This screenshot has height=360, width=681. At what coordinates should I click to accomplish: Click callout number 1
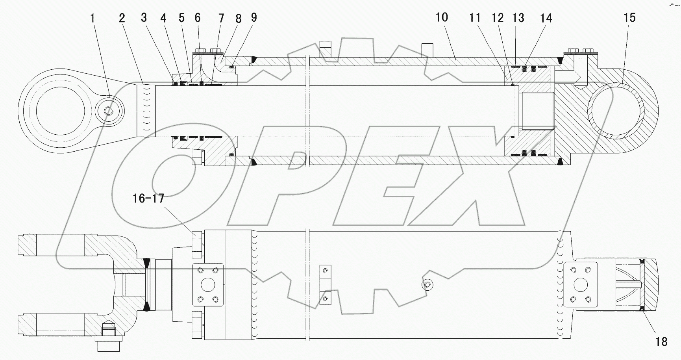[x=93, y=19]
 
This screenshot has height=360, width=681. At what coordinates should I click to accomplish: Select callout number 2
[x=122, y=18]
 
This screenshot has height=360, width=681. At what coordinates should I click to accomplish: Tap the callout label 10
[x=442, y=17]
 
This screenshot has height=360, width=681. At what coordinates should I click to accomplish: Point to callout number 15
[x=629, y=18]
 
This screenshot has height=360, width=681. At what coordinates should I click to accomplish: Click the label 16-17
[x=148, y=199]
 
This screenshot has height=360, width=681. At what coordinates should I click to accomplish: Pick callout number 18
[x=661, y=341]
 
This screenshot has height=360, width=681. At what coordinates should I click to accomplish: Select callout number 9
[x=254, y=17]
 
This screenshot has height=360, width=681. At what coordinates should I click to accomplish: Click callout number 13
[x=518, y=18]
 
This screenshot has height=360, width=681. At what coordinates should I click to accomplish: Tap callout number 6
[x=197, y=18]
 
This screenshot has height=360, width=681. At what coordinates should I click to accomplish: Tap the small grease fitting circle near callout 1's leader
[x=110, y=111]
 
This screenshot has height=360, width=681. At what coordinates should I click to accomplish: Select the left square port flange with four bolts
[x=208, y=285]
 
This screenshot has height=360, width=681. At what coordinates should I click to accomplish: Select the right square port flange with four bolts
[x=581, y=285]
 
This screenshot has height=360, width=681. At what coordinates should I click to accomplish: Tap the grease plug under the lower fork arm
[x=108, y=333]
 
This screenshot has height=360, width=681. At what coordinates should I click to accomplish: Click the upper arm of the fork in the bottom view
[x=59, y=244]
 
